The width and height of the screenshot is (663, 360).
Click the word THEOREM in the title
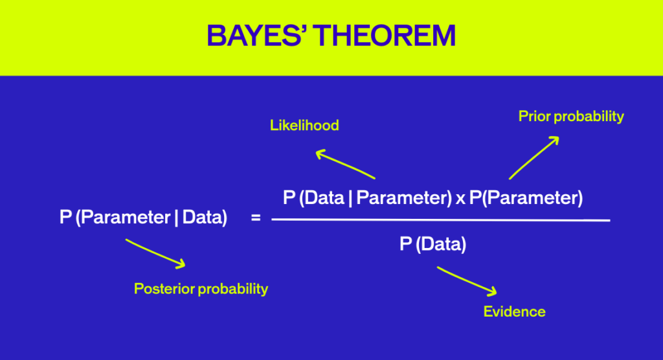pyautogui.click(x=389, y=36)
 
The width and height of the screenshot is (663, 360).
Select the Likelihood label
pyautogui.click(x=304, y=125)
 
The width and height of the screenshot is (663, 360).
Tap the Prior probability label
pyautogui.click(x=571, y=116)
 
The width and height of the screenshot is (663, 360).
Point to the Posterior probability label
pyautogui.click(x=201, y=289)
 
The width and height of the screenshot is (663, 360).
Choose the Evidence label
pyautogui.click(x=514, y=311)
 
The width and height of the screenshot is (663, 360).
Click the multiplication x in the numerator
pyautogui.click(x=460, y=199)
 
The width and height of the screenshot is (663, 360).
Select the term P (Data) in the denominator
pyautogui.click(x=433, y=244)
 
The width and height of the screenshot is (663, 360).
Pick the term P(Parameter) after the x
pyautogui.click(x=526, y=198)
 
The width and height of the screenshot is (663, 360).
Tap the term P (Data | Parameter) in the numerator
pyautogui.click(x=367, y=198)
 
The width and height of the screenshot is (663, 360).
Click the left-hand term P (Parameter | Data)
pyautogui.click(x=143, y=218)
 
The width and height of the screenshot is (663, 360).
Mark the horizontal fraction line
pyautogui.click(x=440, y=220)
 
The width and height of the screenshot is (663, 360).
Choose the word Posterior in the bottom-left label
pyautogui.click(x=164, y=289)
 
